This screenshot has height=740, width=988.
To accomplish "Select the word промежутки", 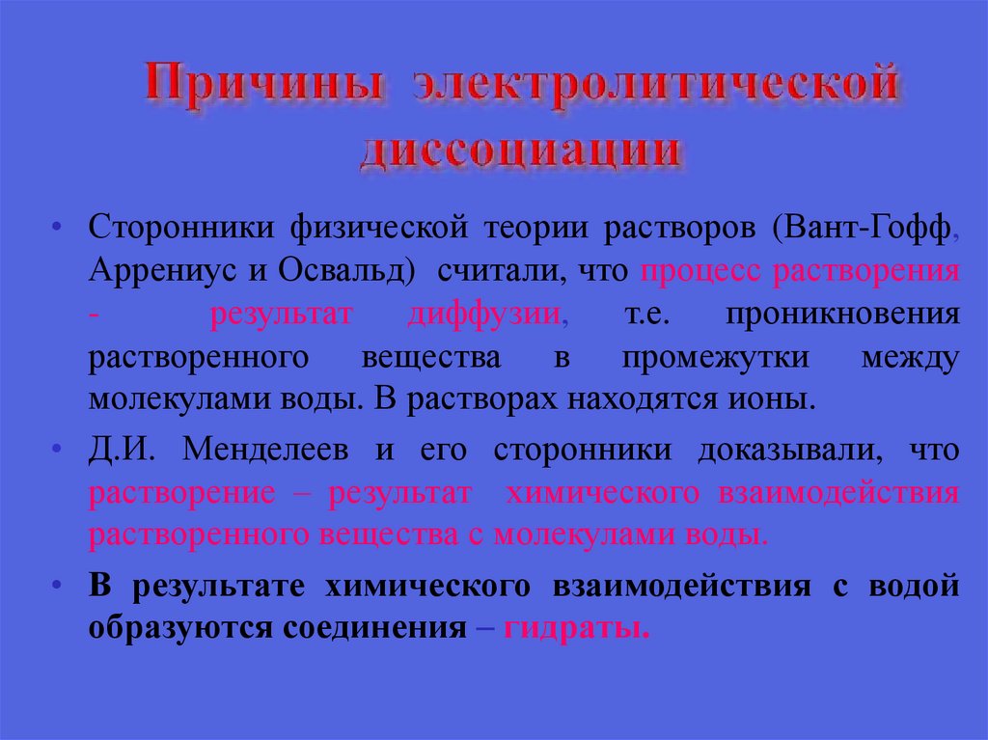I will pos(716,358).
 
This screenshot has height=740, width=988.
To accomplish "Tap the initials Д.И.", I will pos(120,451).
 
